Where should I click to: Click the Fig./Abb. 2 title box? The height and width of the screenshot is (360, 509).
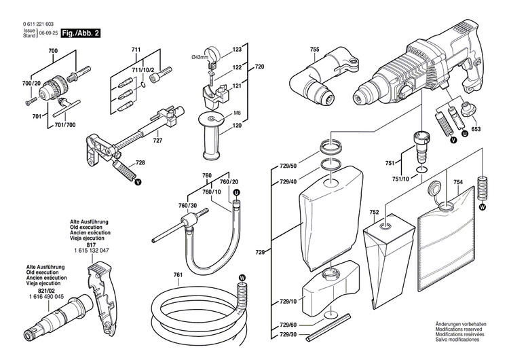coord(80,32)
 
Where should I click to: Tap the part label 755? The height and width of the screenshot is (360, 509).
coord(314,49)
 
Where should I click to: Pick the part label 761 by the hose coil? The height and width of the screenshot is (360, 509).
coord(178,275)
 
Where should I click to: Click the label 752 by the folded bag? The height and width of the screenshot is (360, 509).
coord(373,212)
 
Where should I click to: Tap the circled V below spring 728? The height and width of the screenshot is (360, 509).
coord(138,182)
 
